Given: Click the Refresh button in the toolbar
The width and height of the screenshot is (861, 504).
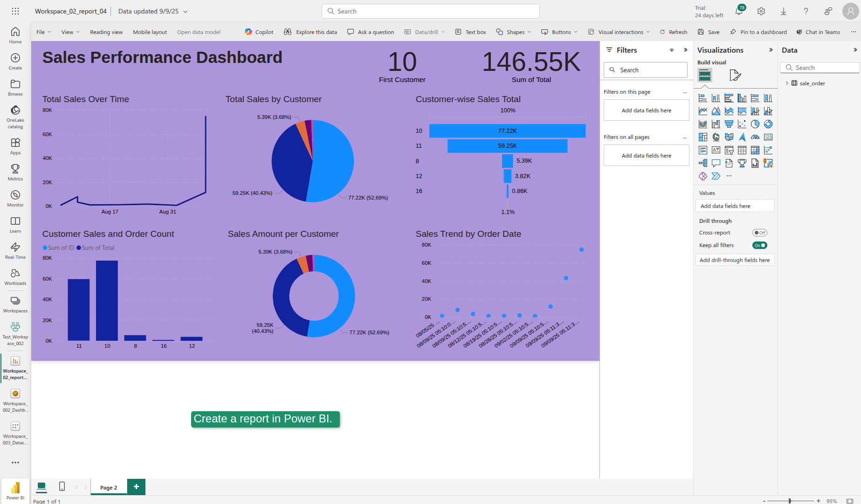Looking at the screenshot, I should (x=673, y=32).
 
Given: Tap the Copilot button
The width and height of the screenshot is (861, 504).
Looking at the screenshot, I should (x=259, y=32).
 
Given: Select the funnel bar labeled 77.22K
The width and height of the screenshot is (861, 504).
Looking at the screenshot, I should (x=507, y=131).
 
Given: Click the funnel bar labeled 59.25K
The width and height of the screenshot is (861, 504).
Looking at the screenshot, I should (x=507, y=146).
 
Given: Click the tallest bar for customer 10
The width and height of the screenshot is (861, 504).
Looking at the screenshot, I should (x=107, y=301).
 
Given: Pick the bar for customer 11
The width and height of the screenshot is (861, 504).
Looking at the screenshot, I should (x=79, y=310).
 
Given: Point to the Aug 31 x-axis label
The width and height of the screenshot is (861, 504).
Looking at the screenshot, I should (x=168, y=212).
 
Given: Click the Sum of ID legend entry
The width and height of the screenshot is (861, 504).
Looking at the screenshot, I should (x=58, y=248).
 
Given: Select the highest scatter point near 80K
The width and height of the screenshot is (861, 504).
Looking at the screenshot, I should (x=581, y=250).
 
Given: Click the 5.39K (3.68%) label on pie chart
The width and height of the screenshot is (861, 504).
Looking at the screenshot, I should (x=274, y=117).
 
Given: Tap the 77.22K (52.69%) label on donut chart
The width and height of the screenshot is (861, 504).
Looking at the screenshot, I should (x=369, y=332).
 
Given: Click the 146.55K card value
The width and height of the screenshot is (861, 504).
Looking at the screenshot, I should (x=531, y=62).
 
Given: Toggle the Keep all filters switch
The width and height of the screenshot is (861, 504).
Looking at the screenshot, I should (x=759, y=245).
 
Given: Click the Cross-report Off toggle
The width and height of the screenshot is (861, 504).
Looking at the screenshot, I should (x=759, y=233).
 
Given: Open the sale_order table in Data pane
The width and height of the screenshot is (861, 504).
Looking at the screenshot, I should (x=812, y=83).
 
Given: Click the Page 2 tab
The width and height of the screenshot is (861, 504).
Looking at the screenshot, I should (x=109, y=488).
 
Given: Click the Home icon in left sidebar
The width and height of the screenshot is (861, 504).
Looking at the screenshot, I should (x=15, y=35).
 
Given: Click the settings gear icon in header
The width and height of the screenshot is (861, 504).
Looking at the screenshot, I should (x=761, y=11).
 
